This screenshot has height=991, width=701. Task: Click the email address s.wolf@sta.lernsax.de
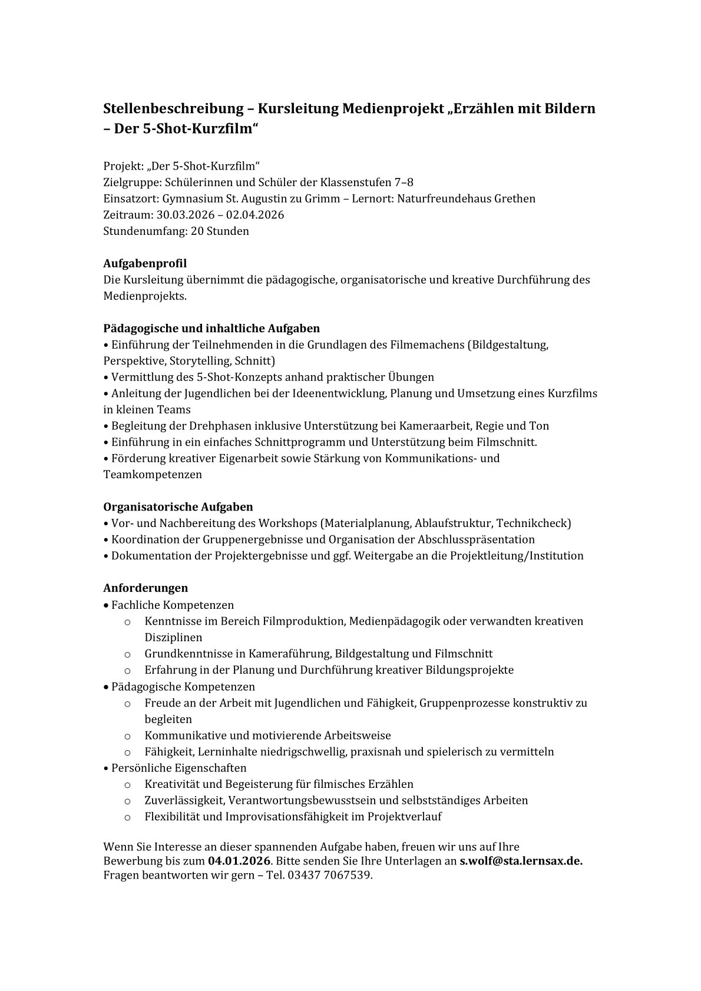coord(521,860)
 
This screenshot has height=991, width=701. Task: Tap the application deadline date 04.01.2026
coord(239,860)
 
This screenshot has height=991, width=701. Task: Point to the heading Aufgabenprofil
coord(145,263)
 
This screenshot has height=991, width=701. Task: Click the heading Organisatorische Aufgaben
coord(178,506)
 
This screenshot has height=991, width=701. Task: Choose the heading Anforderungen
coord(146,588)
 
